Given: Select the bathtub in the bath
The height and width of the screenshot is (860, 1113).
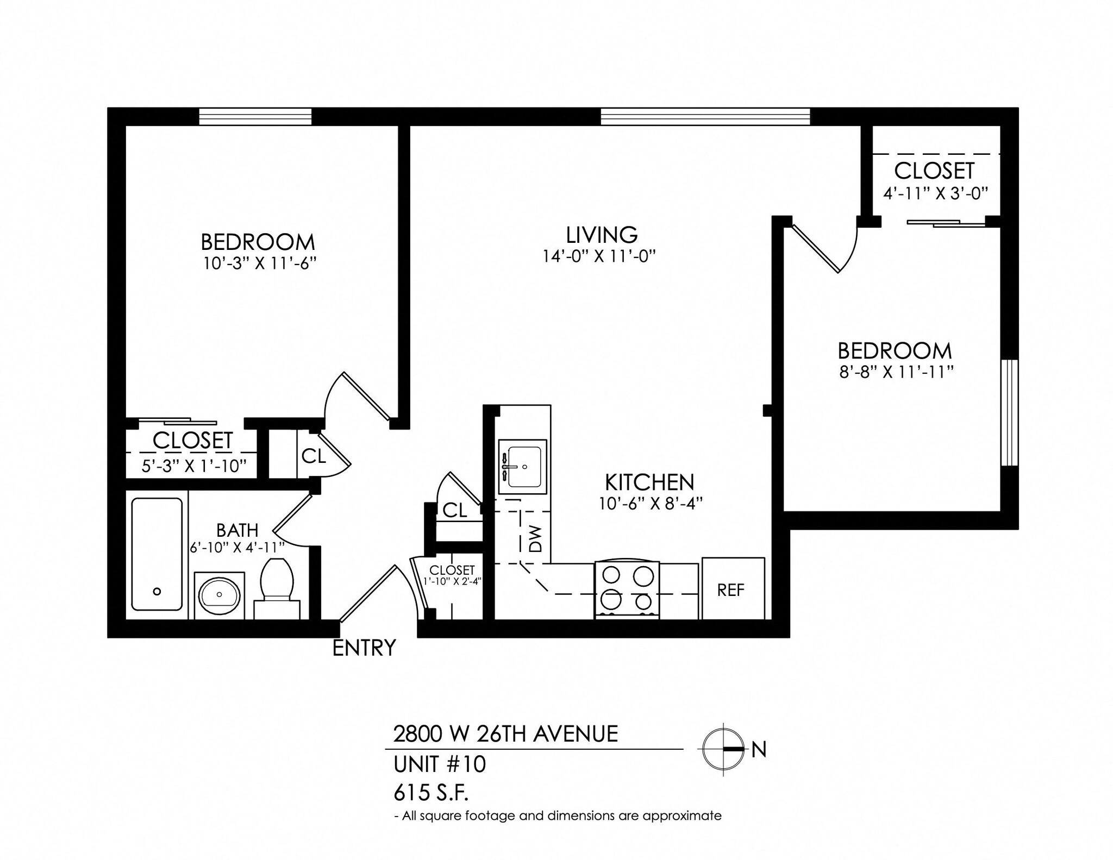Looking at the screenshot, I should coord(157,554).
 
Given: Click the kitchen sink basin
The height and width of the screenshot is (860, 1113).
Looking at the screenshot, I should coord(522,467).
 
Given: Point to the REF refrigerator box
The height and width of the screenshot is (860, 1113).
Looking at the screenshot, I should coord(733,589).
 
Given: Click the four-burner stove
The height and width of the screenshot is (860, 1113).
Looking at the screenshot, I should coord(627,589).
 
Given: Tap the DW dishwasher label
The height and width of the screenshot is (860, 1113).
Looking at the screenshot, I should coord(536,538).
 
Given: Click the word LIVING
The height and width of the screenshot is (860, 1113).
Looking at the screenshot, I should coord(601,235).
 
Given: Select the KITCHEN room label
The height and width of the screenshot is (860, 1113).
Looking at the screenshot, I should coord(649,482).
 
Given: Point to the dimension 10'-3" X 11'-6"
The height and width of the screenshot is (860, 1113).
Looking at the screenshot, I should coord(259,263).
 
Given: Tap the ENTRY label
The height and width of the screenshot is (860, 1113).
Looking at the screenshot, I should coord(364,648).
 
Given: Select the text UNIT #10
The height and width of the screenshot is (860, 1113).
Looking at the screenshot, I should coord(439,764).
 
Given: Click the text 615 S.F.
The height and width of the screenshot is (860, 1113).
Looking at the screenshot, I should coord(430,794).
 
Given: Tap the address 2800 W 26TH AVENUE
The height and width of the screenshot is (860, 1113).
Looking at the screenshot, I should coord(505,734).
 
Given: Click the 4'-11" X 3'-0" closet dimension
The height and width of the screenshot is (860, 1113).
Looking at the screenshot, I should coord(934,193).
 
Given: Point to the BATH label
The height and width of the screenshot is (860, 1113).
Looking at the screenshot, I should coord(237,530).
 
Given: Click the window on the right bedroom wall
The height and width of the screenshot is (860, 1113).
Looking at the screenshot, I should coord(1009,412).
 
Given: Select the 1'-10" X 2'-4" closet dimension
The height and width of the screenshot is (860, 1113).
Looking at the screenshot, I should coord(452,581).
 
